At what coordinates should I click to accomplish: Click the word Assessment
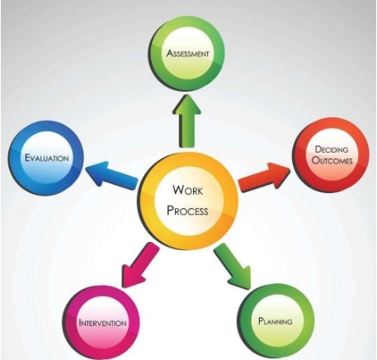[x=188, y=53]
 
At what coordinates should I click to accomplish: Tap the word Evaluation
[x=46, y=158]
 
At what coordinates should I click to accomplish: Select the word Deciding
[x=332, y=149]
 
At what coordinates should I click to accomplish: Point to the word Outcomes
[x=332, y=160]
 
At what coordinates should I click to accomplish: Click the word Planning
[x=276, y=321]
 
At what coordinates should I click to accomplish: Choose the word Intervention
[x=102, y=322]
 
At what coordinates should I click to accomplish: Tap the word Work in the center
[x=188, y=190]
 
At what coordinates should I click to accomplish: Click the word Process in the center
[x=187, y=211]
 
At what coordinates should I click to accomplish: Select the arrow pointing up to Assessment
[x=187, y=121]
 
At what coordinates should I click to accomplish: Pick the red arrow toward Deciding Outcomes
[x=265, y=177]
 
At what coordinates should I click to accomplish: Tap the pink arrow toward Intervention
[x=140, y=265]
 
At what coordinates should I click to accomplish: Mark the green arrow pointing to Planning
[x=233, y=266]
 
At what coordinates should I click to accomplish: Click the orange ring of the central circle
[x=146, y=200]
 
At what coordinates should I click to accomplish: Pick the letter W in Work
[x=178, y=190]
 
